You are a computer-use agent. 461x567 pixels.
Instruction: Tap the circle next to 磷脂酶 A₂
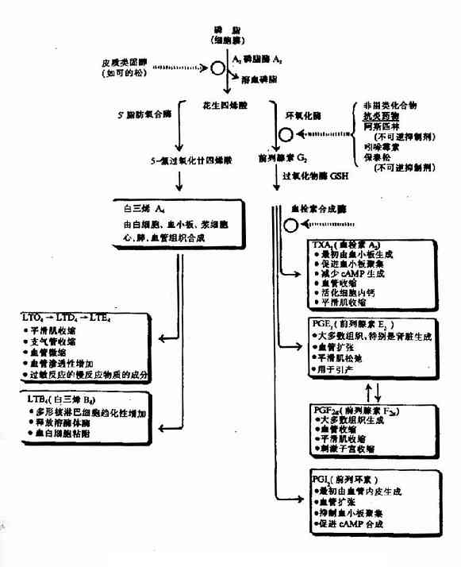click(217, 68)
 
